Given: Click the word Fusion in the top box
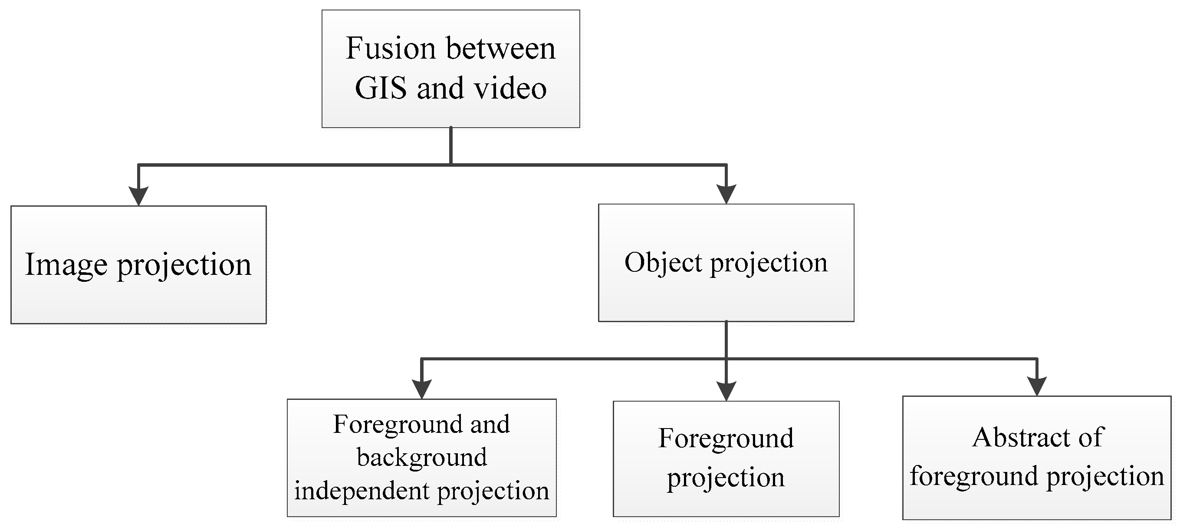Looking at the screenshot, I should point(390,48).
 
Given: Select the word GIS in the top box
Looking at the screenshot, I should point(381,88).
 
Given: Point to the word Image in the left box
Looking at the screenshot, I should point(66,264).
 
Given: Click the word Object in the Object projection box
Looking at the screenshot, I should point(663,263).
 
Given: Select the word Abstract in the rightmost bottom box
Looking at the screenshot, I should point(1021,437).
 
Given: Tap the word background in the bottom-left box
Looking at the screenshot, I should point(422,457).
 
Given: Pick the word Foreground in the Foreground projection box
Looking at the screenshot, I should point(726,438).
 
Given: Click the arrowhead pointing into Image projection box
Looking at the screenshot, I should point(138,196).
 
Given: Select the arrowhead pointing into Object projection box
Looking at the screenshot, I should point(726,194).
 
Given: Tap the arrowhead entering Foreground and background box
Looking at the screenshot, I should point(421,389).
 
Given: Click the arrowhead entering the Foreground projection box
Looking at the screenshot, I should point(726,391).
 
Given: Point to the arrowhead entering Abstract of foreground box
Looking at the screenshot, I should point(1037,386).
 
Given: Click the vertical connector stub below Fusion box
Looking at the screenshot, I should point(451,145).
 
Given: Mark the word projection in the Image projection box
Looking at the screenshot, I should point(184,265).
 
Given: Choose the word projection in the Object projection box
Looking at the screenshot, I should point(769,264).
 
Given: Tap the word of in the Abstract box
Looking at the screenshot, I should point(1091,437).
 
